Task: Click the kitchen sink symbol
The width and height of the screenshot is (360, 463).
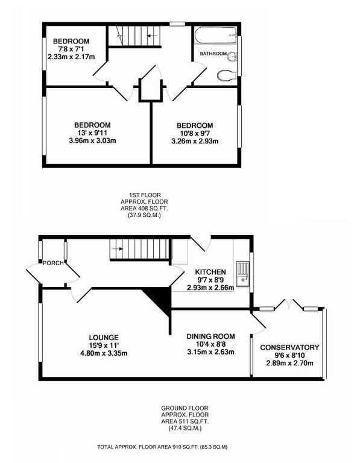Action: (242, 272)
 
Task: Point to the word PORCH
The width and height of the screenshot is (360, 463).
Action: (52, 263)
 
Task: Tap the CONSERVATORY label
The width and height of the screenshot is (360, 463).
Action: (289, 348)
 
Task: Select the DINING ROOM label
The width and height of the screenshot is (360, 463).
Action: (210, 336)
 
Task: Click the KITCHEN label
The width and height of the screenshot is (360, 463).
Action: (210, 272)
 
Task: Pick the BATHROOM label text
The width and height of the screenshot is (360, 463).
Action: (213, 54)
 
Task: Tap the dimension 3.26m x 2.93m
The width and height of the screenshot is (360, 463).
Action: (194, 142)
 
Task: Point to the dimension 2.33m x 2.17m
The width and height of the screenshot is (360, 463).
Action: (74, 57)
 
